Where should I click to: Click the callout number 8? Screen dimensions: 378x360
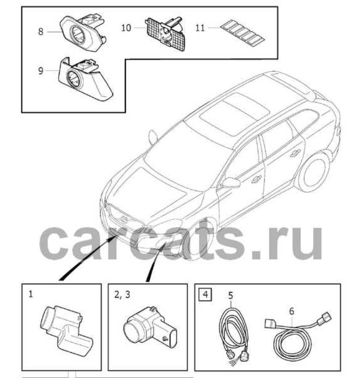click(x=41, y=31)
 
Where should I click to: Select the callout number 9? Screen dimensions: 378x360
click(x=41, y=71)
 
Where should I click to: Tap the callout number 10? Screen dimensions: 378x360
click(x=126, y=27)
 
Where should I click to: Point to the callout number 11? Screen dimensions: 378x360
click(x=200, y=28)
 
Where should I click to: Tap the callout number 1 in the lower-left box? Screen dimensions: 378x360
click(x=31, y=293)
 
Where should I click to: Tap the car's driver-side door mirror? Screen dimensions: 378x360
click(x=231, y=182)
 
